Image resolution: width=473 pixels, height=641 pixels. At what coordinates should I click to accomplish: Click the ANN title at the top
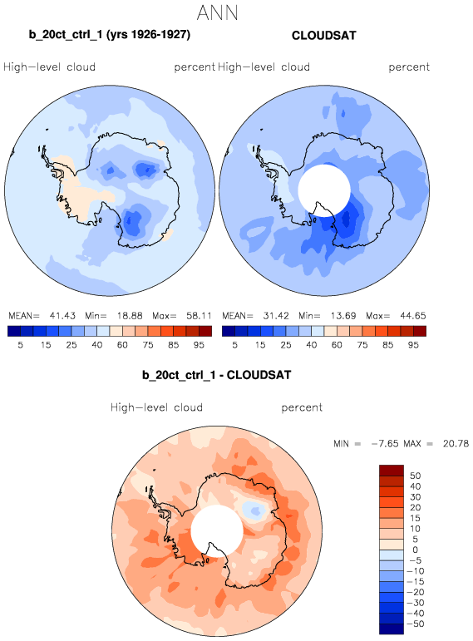[x=217, y=12]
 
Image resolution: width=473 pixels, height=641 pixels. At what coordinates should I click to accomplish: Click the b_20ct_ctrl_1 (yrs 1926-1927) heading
[x=110, y=35]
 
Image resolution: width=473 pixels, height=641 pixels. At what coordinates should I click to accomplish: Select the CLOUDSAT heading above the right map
[x=323, y=36]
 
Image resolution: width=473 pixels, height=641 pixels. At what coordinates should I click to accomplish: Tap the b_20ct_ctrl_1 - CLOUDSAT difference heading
[x=217, y=375]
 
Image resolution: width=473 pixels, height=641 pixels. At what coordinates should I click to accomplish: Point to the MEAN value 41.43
[x=62, y=316]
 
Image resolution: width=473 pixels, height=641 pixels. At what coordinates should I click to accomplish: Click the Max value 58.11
[x=200, y=316]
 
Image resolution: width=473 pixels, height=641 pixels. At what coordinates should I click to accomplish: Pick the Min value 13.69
[x=342, y=316]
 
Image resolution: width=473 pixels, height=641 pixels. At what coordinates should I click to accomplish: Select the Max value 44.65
[x=413, y=316]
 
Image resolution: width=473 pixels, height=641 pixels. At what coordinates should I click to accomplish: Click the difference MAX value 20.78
[x=456, y=444]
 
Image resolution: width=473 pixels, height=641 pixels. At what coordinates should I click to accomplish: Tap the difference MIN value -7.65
[x=385, y=444]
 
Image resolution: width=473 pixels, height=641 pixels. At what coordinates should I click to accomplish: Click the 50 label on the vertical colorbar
[x=416, y=476]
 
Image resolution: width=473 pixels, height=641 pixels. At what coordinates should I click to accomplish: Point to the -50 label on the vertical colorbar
[x=416, y=624]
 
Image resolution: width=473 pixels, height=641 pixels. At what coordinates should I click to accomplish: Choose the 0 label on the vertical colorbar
[x=416, y=550]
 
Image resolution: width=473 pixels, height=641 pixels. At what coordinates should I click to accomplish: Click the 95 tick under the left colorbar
[x=199, y=345]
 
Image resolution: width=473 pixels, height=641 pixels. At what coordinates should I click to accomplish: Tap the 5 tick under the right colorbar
[x=234, y=345]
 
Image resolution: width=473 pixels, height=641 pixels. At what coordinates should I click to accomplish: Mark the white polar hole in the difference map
[x=217, y=530]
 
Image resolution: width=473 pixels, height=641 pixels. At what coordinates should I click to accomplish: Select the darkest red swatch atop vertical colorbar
[x=392, y=470]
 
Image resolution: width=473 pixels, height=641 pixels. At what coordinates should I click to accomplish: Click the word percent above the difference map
[x=302, y=407]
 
